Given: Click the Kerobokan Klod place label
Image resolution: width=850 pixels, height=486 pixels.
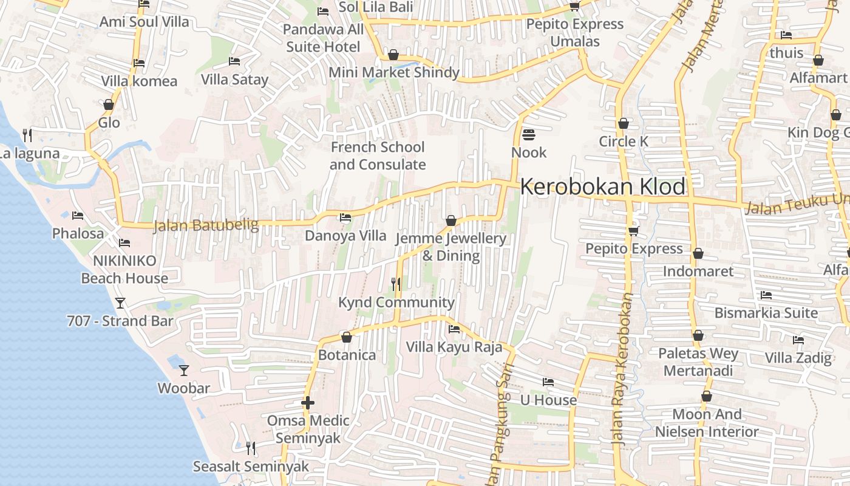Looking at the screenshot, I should pyautogui.click(x=603, y=187).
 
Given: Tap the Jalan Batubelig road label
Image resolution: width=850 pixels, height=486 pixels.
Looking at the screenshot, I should pyautogui.click(x=206, y=225).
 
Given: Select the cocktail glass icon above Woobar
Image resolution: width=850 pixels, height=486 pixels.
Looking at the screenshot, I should pyautogui.click(x=184, y=370).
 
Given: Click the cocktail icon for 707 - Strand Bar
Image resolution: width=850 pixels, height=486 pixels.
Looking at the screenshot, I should pyautogui.click(x=120, y=303).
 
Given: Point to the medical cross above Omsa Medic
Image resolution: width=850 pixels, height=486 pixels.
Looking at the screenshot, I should pyautogui.click(x=308, y=403).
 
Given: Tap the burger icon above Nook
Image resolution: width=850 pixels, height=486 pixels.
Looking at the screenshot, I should pyautogui.click(x=529, y=134).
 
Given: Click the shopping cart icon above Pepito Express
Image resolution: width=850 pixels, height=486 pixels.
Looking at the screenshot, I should pyautogui.click(x=634, y=231).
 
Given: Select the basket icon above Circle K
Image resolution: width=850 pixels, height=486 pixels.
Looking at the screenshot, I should pyautogui.click(x=624, y=124).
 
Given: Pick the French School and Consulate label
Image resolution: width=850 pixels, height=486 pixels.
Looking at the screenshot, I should pyautogui.click(x=378, y=156).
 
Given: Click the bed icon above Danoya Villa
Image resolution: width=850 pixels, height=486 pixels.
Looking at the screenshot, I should pyautogui.click(x=345, y=217).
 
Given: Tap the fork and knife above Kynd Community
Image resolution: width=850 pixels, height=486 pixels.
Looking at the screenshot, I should pyautogui.click(x=396, y=284).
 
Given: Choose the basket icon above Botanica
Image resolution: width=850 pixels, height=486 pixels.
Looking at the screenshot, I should pyautogui.click(x=347, y=337).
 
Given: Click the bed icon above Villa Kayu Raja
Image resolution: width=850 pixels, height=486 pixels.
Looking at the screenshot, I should pyautogui.click(x=454, y=329).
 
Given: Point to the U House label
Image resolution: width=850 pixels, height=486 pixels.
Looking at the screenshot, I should pyautogui.click(x=548, y=400).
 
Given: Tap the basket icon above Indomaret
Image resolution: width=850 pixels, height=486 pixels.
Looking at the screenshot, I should pyautogui.click(x=698, y=253).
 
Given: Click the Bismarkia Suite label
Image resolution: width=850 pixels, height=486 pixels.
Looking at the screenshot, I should pyautogui.click(x=766, y=313).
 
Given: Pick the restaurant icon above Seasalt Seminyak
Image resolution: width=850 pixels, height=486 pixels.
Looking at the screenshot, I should pyautogui.click(x=250, y=448).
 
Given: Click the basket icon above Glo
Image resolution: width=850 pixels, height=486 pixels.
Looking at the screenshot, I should pyautogui.click(x=109, y=104).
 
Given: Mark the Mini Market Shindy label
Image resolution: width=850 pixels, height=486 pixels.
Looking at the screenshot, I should pyautogui.click(x=394, y=72).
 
